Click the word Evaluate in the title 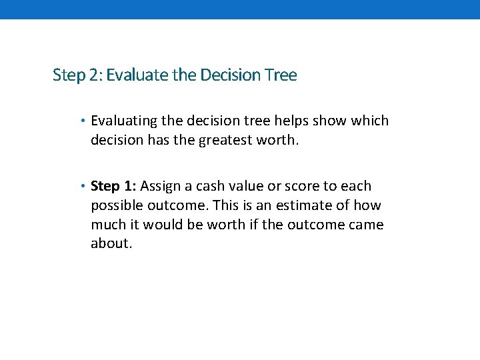[137, 75]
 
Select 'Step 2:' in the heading [77, 75]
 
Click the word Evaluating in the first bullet [124, 121]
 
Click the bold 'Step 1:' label [113, 186]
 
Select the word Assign [160, 187]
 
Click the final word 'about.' [111, 243]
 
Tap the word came [367, 225]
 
